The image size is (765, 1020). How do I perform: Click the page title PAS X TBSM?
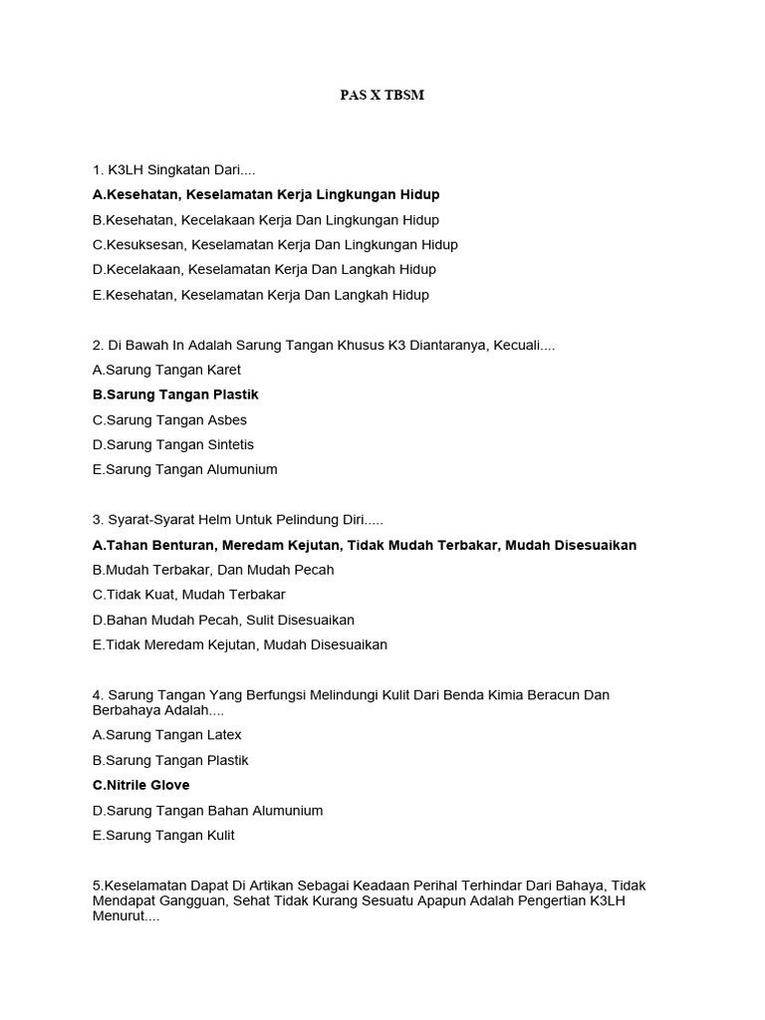[382, 96]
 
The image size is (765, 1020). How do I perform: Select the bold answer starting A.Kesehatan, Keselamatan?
[266, 194]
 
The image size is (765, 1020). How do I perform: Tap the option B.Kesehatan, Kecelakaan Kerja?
[266, 219]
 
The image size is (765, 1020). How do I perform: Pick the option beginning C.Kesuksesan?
[275, 244]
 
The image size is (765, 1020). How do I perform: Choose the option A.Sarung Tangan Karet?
[166, 370]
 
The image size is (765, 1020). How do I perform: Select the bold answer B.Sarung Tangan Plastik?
[175, 394]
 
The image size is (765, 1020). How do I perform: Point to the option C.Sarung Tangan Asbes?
[169, 419]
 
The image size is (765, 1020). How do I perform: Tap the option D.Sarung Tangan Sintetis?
[173, 444]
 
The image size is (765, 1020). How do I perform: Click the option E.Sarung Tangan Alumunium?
[185, 469]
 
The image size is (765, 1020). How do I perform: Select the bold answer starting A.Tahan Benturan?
[364, 545]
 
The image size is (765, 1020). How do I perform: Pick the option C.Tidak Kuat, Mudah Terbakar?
[188, 595]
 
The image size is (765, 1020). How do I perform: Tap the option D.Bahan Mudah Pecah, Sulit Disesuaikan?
[223, 620]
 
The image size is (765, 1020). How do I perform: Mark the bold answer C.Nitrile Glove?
[140, 785]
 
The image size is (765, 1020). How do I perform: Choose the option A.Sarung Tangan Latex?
[167, 734]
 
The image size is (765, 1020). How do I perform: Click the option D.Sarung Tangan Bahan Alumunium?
[208, 810]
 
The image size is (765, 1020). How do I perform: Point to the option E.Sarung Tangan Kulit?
[163, 835]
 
